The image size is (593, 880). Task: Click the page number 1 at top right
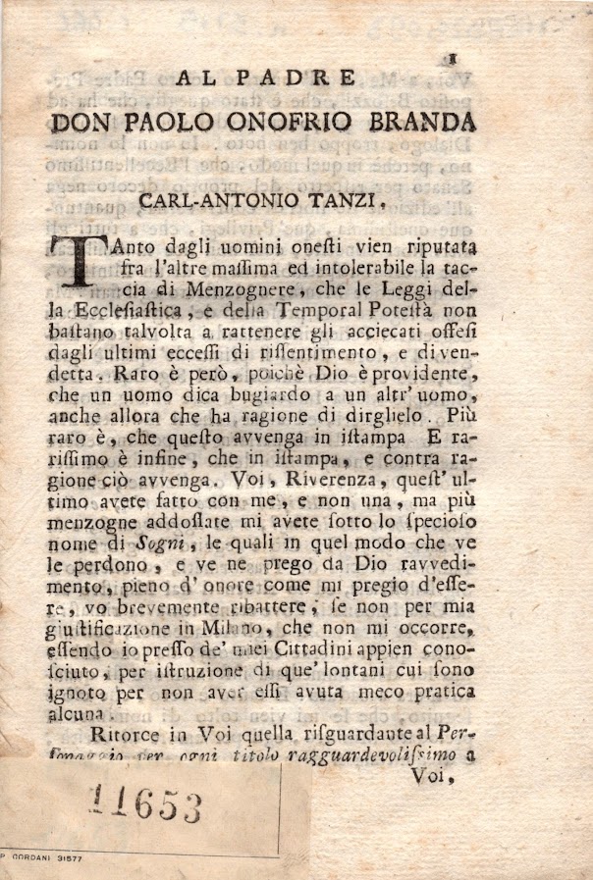tap(455, 59)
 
